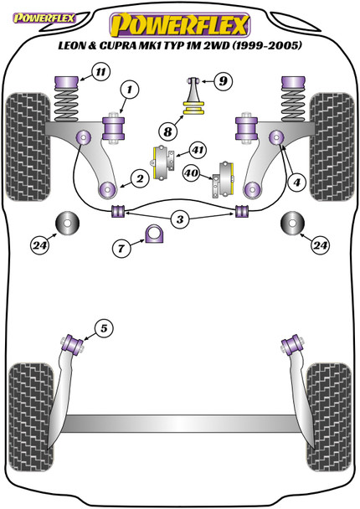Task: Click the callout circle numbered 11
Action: tap(100, 71)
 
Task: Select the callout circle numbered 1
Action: tap(130, 90)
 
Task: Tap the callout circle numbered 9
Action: tap(223, 80)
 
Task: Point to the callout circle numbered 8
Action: tap(167, 131)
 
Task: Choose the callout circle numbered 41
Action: tap(198, 151)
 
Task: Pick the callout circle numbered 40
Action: tap(192, 173)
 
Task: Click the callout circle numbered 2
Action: tap(140, 178)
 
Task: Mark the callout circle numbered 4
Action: tap(296, 183)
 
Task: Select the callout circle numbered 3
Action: tap(180, 219)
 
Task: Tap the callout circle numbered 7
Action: tap(121, 249)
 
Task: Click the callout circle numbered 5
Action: tap(104, 328)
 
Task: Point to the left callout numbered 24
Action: tap(40, 245)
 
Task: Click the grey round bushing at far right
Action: tap(292, 223)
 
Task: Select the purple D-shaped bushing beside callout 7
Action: tap(154, 234)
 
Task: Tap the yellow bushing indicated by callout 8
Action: tap(193, 108)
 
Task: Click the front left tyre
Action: tap(28, 147)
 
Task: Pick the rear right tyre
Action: tap(329, 417)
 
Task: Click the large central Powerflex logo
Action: tap(180, 25)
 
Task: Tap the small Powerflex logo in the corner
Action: tap(44, 18)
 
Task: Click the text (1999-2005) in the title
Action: tap(267, 45)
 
